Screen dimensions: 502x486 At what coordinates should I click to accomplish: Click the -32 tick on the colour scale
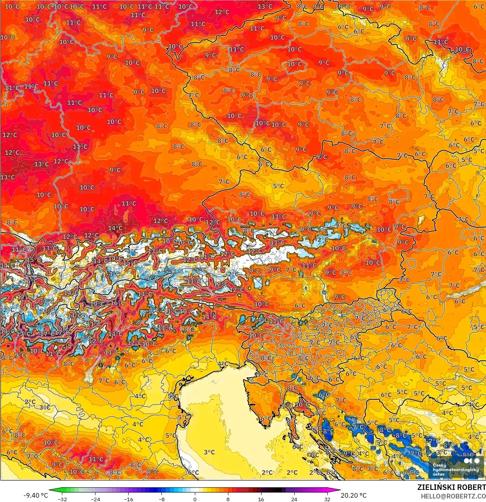point(62,499)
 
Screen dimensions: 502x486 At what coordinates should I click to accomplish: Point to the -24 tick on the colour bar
point(95,499)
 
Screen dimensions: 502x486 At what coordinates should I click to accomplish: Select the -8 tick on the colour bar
point(161,499)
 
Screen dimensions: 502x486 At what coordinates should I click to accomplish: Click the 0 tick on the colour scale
point(194,499)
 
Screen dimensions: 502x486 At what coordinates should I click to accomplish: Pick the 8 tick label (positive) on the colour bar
point(228,499)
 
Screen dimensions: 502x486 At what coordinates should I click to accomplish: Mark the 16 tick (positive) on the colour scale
point(261,499)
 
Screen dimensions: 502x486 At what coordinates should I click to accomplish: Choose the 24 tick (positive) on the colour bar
point(294,499)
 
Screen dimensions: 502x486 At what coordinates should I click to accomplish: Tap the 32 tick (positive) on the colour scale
point(327,499)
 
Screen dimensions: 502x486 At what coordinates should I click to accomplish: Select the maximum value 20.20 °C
point(353,495)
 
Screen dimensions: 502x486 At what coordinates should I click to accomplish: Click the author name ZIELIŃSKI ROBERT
point(451,487)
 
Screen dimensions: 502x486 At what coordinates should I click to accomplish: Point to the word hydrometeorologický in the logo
point(455,470)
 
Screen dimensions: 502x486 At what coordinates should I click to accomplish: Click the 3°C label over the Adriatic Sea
point(209,452)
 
